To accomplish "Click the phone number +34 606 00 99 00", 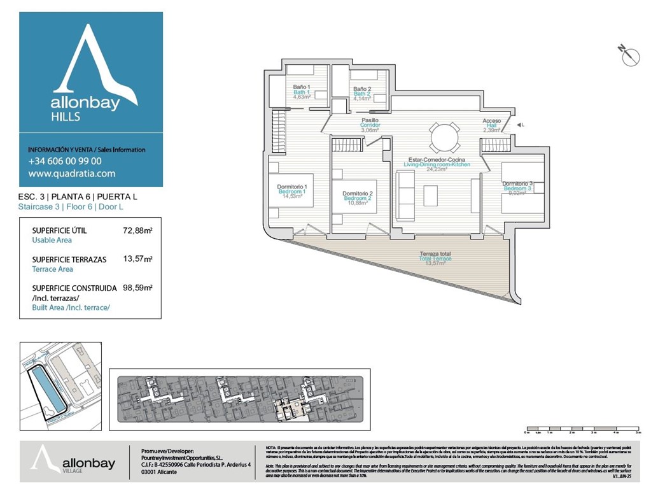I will click(65, 161).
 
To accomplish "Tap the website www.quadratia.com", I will click(72, 173).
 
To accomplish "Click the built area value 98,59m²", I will click(137, 288).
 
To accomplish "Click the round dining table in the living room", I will click(445, 137).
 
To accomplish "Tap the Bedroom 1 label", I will click(292, 191).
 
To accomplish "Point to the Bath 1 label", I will click(302, 92).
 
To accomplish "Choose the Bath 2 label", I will click(362, 94).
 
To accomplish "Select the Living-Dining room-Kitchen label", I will click(437, 164).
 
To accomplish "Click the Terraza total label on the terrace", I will click(435, 259).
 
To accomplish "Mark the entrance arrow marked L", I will click(520, 125).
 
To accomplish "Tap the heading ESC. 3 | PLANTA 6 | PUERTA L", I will click(78, 197).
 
